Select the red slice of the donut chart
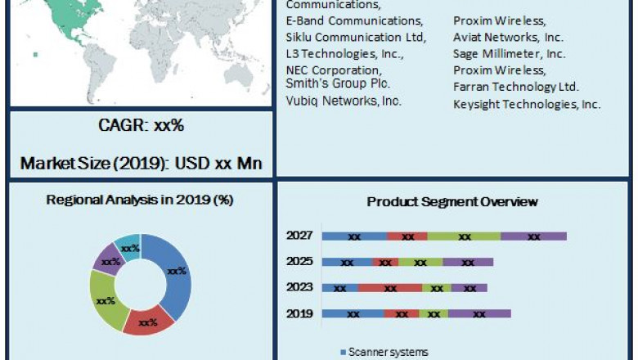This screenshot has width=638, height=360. pos(148,322)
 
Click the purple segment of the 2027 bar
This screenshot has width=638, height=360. pos(533,236)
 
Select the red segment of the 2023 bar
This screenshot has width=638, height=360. pos(390,288)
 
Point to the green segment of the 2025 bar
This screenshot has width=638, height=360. pos(420,263)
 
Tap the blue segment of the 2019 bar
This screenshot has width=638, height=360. pos(353,313)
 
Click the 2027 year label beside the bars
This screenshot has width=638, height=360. pos(299,236)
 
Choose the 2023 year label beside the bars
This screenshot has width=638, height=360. pos(299,287)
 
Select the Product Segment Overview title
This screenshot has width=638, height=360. pos(452,202)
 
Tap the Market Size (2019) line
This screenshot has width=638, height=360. pos(141,163)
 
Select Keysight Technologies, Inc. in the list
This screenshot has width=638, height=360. pos(527,104)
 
